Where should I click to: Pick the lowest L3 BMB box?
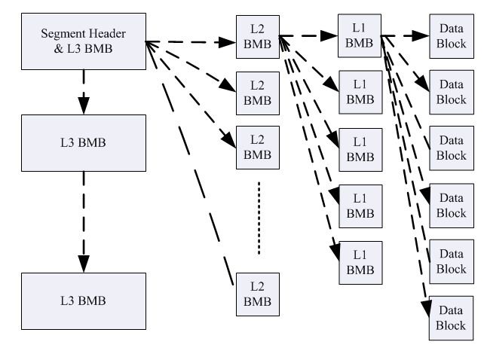[x=82, y=301]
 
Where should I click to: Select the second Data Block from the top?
[x=452, y=92]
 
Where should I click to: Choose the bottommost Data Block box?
[x=452, y=319]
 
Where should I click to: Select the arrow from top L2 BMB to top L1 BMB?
[x=309, y=35]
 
